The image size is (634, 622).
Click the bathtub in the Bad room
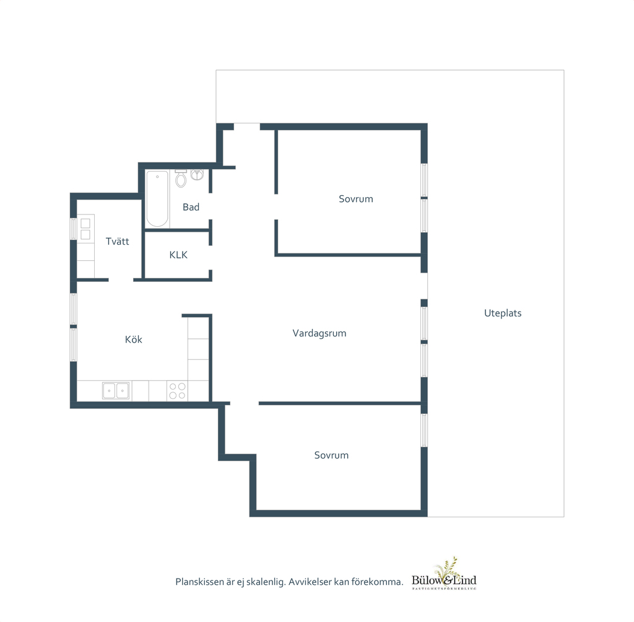157,199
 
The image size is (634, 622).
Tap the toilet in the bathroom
181,178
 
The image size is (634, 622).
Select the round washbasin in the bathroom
197,175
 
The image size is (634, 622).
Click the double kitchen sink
116,391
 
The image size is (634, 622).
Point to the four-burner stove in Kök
177,391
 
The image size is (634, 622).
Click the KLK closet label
178,255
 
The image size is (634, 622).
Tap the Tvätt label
117,242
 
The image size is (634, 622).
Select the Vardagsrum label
319,333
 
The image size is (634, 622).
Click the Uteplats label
503,313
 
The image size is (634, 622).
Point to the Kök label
134,339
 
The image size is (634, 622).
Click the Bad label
191,207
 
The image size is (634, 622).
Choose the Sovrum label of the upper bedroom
356,199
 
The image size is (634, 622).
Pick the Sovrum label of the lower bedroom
331,455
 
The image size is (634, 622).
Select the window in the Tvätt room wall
73,229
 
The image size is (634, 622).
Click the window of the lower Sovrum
424,430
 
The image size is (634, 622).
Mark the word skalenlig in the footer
265,582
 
